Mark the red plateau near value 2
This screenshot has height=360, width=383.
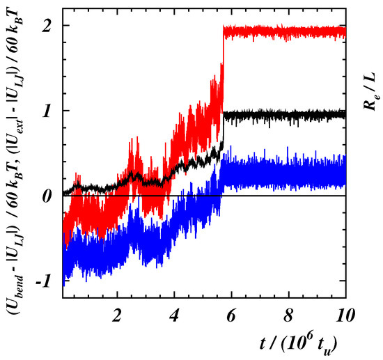(x=286, y=32)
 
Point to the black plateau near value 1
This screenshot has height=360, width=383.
(x=286, y=114)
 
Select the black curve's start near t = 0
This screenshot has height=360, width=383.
(x=65, y=192)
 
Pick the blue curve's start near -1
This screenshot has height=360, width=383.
(x=63, y=272)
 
